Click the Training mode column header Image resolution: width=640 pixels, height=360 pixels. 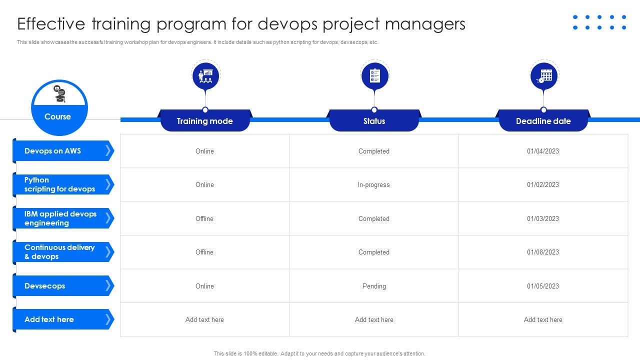[x=204, y=121]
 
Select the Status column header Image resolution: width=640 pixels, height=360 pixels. [x=374, y=121]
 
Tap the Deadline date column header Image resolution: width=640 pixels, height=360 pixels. [x=543, y=121]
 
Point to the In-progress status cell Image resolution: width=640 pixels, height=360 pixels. [x=373, y=185]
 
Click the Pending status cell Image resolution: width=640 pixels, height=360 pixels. [x=374, y=286]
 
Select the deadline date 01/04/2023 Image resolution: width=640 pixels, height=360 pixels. [x=543, y=151]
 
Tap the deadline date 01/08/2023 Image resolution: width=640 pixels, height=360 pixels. [x=543, y=252]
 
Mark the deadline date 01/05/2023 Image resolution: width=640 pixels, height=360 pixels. [x=543, y=286]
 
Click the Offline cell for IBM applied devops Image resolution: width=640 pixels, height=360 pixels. [x=204, y=219]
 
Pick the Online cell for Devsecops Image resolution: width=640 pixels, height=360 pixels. [x=204, y=286]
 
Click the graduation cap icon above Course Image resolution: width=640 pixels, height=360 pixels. [x=60, y=94]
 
